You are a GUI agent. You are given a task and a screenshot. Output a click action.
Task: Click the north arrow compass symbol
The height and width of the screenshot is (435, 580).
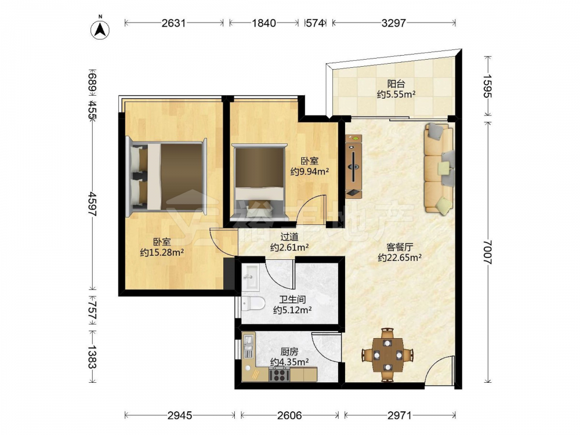click(x=100, y=29)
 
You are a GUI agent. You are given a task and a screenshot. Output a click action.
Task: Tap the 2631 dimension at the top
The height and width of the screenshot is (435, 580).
click(x=173, y=23)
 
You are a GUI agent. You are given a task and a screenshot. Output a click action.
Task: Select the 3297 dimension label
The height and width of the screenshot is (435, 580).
click(x=394, y=23)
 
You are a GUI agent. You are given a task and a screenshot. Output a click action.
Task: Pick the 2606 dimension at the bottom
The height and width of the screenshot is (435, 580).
click(x=289, y=415)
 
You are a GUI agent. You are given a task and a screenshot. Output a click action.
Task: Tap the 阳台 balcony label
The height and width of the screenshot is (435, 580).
click(x=396, y=84)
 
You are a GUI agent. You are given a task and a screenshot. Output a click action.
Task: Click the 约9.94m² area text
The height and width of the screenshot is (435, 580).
click(x=310, y=171)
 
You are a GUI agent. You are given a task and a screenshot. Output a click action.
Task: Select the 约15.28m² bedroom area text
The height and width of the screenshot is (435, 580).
click(x=162, y=253)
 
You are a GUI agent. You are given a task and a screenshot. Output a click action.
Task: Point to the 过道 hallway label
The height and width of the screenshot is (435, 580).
click(x=289, y=237)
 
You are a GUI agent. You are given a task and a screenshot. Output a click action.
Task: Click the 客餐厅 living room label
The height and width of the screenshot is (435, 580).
click(x=400, y=247)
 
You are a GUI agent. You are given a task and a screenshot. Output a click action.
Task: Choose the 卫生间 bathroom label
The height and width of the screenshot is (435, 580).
click(x=292, y=300)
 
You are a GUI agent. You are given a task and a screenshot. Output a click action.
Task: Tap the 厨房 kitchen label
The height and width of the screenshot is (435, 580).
click(x=289, y=352)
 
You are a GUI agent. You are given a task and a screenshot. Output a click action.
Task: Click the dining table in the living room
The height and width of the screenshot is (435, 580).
click(x=387, y=355)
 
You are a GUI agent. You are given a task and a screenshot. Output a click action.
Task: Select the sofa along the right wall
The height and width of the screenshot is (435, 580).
click(x=440, y=169)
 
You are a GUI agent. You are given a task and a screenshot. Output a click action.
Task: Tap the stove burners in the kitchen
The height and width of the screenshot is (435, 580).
click(x=280, y=375)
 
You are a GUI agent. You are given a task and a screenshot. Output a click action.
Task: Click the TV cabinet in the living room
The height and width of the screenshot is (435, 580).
click(x=354, y=167)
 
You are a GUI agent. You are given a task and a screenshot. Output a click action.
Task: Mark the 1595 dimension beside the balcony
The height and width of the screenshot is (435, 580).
click(x=488, y=86)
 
